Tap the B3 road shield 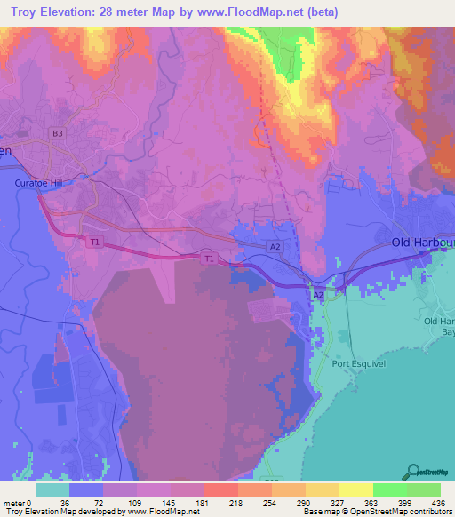[x=58, y=133]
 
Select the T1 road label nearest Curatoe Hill [x=94, y=241]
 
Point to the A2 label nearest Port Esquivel [x=317, y=292]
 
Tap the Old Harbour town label [x=423, y=243]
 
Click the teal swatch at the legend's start [x=52, y=489]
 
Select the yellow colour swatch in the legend [x=355, y=489]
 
